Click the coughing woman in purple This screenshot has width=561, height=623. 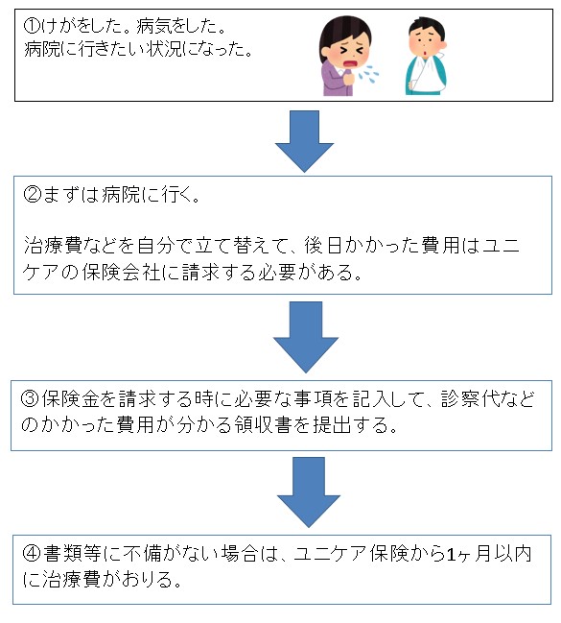(343, 56)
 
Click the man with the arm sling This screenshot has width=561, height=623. (427, 56)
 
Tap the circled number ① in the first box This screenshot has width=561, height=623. (32, 26)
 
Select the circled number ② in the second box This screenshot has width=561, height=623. (33, 195)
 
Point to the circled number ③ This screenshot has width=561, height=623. (30, 399)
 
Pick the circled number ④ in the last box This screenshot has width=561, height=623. (32, 554)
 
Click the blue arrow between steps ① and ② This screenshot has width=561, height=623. (305, 141)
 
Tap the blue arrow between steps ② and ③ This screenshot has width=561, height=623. (306, 337)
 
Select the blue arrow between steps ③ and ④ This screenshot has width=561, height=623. (309, 491)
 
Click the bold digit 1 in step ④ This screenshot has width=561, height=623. (451, 555)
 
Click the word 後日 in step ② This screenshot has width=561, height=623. (323, 245)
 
